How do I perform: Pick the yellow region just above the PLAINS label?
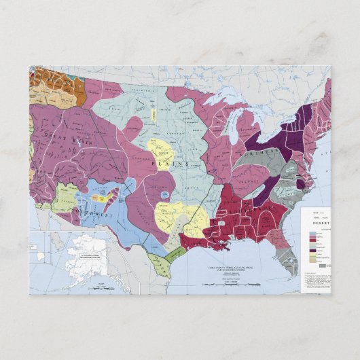(162, 147)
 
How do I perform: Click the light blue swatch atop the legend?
(312, 233)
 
